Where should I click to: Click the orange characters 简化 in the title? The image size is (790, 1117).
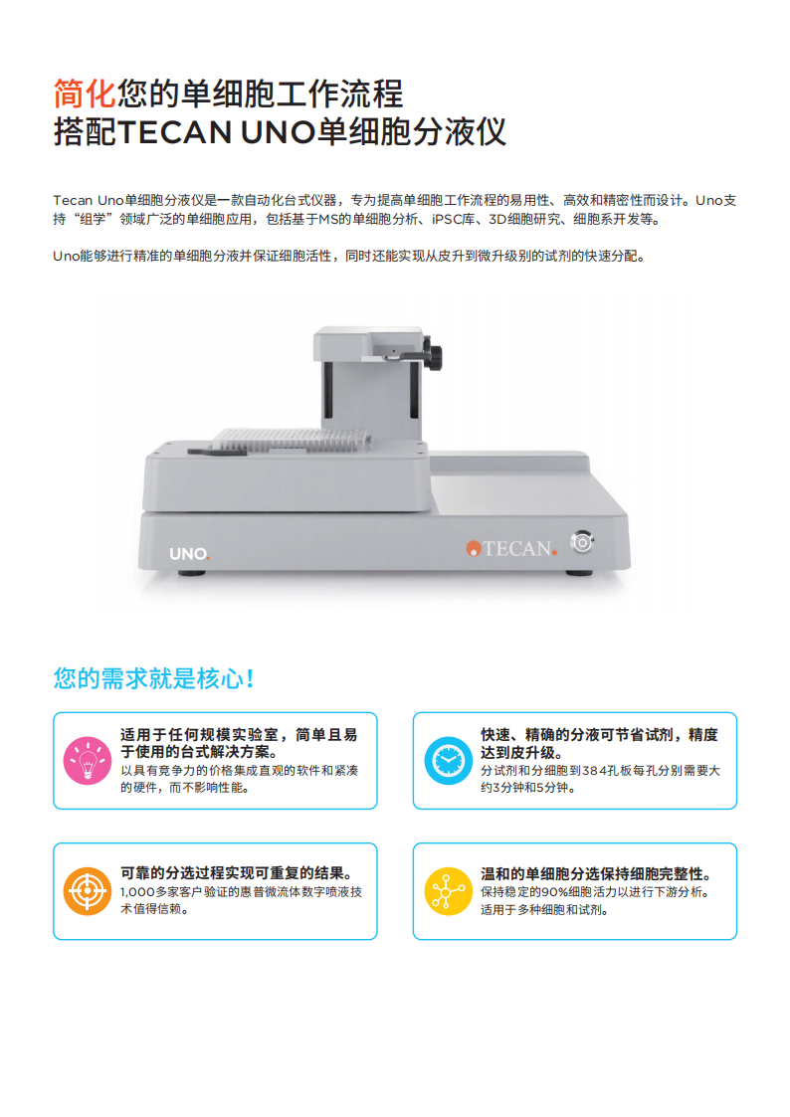85,93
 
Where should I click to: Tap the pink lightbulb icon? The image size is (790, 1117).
87,761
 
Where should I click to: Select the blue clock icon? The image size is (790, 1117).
448,761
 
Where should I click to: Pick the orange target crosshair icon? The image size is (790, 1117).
87,890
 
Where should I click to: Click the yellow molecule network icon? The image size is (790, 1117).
448,890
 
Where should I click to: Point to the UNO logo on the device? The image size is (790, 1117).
188,553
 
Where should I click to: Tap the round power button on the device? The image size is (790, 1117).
582,542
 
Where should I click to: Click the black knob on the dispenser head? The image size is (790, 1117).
431,352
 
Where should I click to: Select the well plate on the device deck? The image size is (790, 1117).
294,439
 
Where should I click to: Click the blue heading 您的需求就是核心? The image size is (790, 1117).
154,679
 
